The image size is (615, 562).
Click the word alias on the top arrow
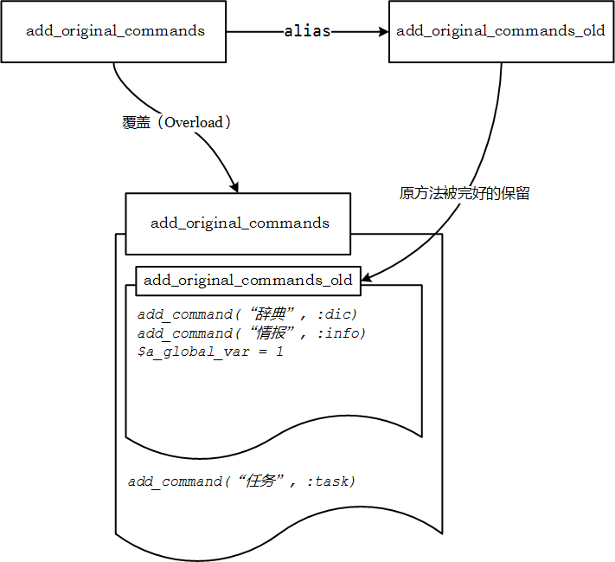coord(307,31)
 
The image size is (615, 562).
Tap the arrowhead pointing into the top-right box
coord(383,31)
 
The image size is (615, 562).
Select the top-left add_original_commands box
coord(113,31)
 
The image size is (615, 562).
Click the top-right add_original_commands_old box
coord(502,31)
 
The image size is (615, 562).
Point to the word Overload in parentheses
coord(194,123)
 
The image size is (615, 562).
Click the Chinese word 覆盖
coord(136,123)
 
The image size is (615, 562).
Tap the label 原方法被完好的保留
coord(464,193)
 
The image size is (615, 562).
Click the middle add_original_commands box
coord(238,223)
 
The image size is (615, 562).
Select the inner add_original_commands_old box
coord(248,281)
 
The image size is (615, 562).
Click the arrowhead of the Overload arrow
coord(234,187)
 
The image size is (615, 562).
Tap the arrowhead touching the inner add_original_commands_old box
coord(367,277)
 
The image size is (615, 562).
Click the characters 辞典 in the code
coord(270,313)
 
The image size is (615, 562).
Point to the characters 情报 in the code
coord(270,333)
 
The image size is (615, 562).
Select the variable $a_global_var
coord(194,352)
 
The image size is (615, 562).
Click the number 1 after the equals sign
coord(279,351)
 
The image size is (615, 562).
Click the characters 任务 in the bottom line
coord(259,481)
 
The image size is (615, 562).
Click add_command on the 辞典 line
coord(185,314)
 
